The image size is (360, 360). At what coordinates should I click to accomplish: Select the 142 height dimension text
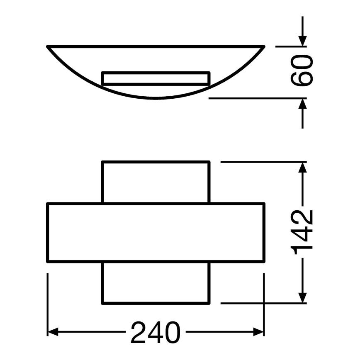click(x=302, y=233)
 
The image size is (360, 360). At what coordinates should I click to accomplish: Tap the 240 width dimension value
click(x=156, y=332)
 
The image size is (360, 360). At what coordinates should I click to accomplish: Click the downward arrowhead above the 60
click(x=302, y=40)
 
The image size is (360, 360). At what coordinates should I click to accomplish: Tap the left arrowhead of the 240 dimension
click(x=54, y=332)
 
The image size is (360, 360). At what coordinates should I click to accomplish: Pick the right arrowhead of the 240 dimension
click(x=259, y=332)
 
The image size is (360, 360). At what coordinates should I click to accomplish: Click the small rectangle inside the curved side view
click(x=156, y=78)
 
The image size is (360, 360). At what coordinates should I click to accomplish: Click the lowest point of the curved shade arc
click(x=156, y=99)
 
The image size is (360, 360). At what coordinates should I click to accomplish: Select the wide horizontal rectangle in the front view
click(x=156, y=232)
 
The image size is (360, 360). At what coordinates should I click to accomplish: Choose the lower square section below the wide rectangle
click(x=156, y=283)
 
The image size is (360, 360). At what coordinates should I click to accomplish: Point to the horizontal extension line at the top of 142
click(x=257, y=162)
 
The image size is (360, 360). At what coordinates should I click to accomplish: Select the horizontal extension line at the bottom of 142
click(x=257, y=303)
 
